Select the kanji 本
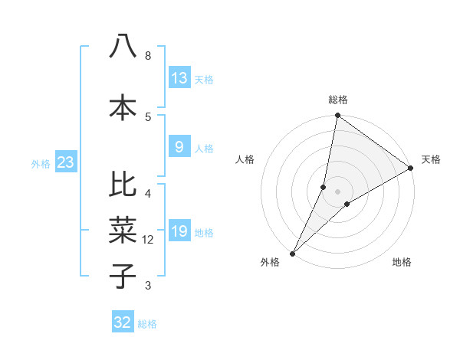click(x=123, y=107)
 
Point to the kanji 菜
click(x=123, y=231)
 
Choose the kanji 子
click(x=123, y=276)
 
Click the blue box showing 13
click(x=179, y=77)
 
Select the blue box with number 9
click(x=179, y=147)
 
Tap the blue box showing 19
click(x=179, y=232)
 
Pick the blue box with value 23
click(x=65, y=162)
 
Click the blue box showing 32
click(x=123, y=322)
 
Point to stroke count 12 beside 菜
click(x=148, y=240)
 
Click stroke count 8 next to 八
click(x=148, y=56)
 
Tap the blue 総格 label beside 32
click(x=147, y=324)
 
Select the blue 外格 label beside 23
click(x=41, y=163)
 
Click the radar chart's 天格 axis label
click(x=431, y=159)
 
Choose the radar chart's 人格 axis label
click(x=245, y=159)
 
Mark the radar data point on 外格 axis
click(x=292, y=253)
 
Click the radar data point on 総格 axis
click(x=337, y=116)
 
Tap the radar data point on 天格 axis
click(x=411, y=168)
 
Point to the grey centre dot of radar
click(x=337, y=191)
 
